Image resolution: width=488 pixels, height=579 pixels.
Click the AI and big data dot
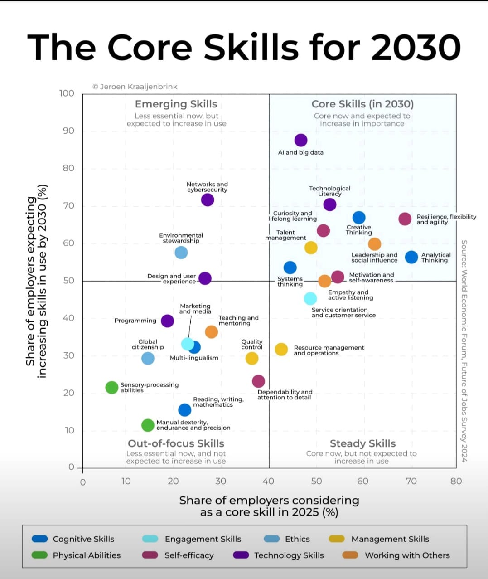coord(300,140)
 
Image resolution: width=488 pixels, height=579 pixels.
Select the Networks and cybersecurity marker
coord(207,199)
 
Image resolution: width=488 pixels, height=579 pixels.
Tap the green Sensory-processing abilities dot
coord(111,387)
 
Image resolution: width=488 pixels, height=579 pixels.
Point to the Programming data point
coord(167,321)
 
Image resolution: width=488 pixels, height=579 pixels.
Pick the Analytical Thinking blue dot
coord(411,257)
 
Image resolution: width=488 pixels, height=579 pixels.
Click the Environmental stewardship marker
coord(181,253)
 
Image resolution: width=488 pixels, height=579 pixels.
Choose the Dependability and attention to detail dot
coord(258,381)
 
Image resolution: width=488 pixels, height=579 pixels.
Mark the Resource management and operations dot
coord(281,349)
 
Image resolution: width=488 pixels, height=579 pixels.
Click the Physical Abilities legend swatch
coord(39,555)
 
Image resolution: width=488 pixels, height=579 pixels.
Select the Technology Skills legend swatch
coord(241,555)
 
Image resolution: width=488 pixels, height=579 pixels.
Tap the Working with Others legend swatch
coord(350,555)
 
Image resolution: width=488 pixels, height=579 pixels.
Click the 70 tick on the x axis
coord(411,481)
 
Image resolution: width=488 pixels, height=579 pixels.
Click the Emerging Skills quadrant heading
coord(176,104)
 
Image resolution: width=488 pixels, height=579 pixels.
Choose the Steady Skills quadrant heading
coord(362,443)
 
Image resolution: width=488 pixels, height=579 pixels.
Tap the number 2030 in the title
coord(416,47)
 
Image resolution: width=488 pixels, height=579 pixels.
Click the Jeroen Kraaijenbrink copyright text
coord(135,87)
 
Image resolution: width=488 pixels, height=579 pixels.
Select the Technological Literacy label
coord(329,191)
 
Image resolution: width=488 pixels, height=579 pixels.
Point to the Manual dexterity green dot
coord(148,425)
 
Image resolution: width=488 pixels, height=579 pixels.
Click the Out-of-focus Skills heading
coord(176,443)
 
